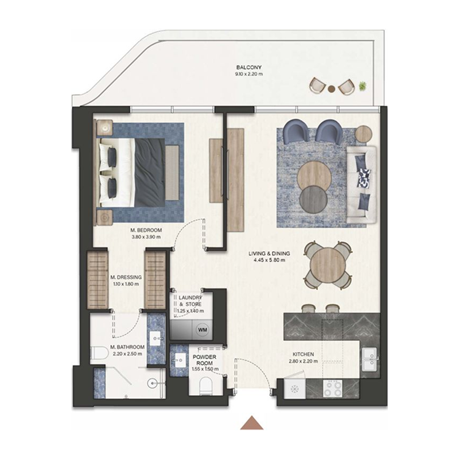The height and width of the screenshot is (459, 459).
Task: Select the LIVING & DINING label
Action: point(269,253)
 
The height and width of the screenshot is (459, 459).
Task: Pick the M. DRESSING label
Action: point(125,277)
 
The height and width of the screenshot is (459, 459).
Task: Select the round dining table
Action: point(325,264)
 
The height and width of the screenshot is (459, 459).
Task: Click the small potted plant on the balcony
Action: point(363,87)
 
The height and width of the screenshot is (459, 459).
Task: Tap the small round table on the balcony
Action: point(331,88)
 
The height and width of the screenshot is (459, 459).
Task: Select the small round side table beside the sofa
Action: point(364,134)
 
